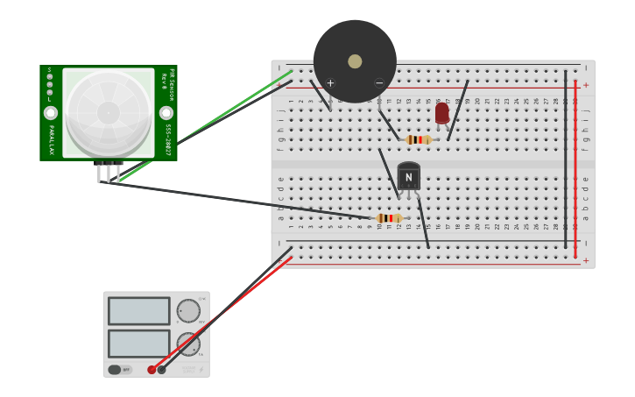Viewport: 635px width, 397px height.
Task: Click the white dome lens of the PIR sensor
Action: click(109, 113)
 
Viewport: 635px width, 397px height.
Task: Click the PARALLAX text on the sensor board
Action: click(52, 140)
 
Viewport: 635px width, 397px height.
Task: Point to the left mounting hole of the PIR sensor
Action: click(51, 113)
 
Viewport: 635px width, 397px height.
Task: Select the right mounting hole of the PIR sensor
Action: click(166, 113)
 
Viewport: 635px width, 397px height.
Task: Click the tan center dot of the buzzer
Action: click(355, 61)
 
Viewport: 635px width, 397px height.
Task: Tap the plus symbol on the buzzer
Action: click(330, 83)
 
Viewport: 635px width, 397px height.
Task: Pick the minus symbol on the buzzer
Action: click(379, 83)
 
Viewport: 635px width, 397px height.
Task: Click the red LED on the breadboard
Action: click(442, 113)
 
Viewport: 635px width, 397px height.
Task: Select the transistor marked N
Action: click(408, 176)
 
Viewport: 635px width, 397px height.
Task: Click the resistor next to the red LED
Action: click(419, 139)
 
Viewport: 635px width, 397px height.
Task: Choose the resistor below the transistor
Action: click(389, 218)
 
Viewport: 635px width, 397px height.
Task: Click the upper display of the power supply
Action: click(138, 311)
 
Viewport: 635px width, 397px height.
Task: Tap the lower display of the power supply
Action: click(138, 343)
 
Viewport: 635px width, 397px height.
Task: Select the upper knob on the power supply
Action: click(188, 311)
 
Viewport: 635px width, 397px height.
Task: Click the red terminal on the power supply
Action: click(152, 370)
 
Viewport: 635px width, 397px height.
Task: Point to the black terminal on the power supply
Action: click(161, 370)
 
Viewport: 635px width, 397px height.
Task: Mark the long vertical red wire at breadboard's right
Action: click(575, 167)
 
